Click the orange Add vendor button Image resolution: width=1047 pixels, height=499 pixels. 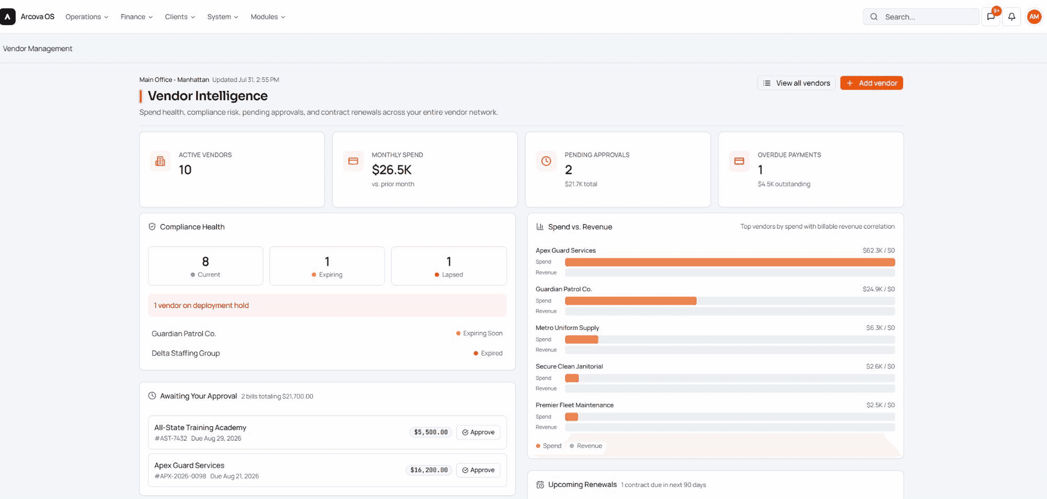tap(871, 83)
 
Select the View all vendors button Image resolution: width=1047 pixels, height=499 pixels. tap(796, 83)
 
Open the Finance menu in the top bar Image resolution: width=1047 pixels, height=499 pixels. tap(136, 17)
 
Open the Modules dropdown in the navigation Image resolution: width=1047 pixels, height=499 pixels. tap(268, 17)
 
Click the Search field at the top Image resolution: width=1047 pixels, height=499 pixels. tap(921, 17)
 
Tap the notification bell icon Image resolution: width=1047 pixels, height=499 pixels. tap(1012, 17)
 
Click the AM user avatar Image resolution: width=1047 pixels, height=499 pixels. tap(1034, 17)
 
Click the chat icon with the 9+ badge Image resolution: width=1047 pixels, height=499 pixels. tap(991, 17)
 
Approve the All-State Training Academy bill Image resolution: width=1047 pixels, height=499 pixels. tap(478, 432)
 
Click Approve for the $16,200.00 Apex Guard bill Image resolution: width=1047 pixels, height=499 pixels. tap(478, 470)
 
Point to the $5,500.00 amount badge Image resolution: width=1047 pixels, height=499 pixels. tap(431, 432)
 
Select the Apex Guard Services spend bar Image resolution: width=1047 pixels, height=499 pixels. tap(730, 262)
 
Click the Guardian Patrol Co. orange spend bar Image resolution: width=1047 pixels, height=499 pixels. tap(631, 301)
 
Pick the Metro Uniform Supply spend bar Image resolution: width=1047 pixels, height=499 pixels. tap(581, 339)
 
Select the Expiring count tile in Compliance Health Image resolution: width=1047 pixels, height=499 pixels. tap(327, 266)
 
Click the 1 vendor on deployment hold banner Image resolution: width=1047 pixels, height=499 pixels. tap(327, 305)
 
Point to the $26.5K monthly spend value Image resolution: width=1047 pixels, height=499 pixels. tap(391, 170)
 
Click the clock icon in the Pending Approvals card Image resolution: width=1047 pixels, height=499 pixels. tap(546, 161)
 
